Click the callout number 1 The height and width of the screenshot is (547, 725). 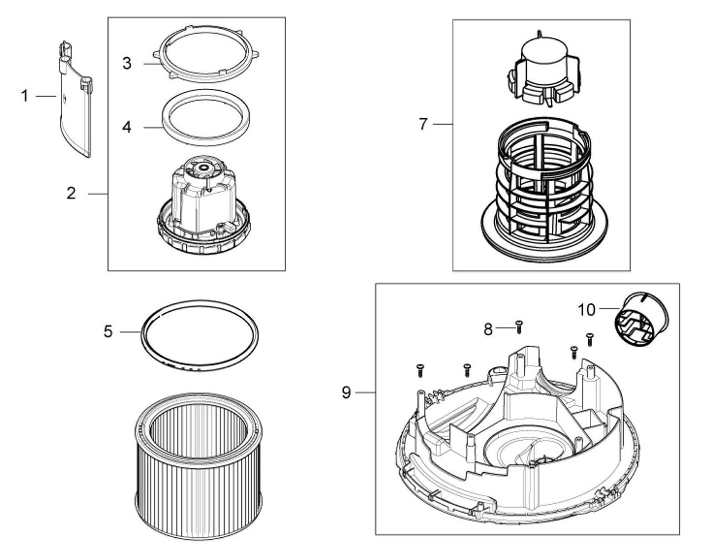point(25,96)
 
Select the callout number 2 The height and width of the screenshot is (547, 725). point(71,193)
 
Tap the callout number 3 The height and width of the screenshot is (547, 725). point(127,63)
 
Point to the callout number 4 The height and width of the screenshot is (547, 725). point(127,127)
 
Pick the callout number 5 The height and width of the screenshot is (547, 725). point(108,332)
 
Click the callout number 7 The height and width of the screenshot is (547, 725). point(423,124)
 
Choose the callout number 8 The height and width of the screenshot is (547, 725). point(488,329)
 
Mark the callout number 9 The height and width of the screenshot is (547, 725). point(346,392)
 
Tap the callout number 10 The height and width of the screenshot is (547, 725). point(586,310)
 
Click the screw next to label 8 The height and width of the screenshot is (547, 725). point(518,327)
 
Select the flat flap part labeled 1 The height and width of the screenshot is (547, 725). point(76,100)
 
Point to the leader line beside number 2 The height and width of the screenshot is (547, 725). point(98,194)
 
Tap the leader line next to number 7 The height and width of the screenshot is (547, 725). point(442,124)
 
